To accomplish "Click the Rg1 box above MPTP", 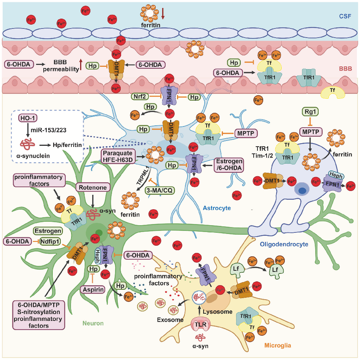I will pos(308,112).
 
